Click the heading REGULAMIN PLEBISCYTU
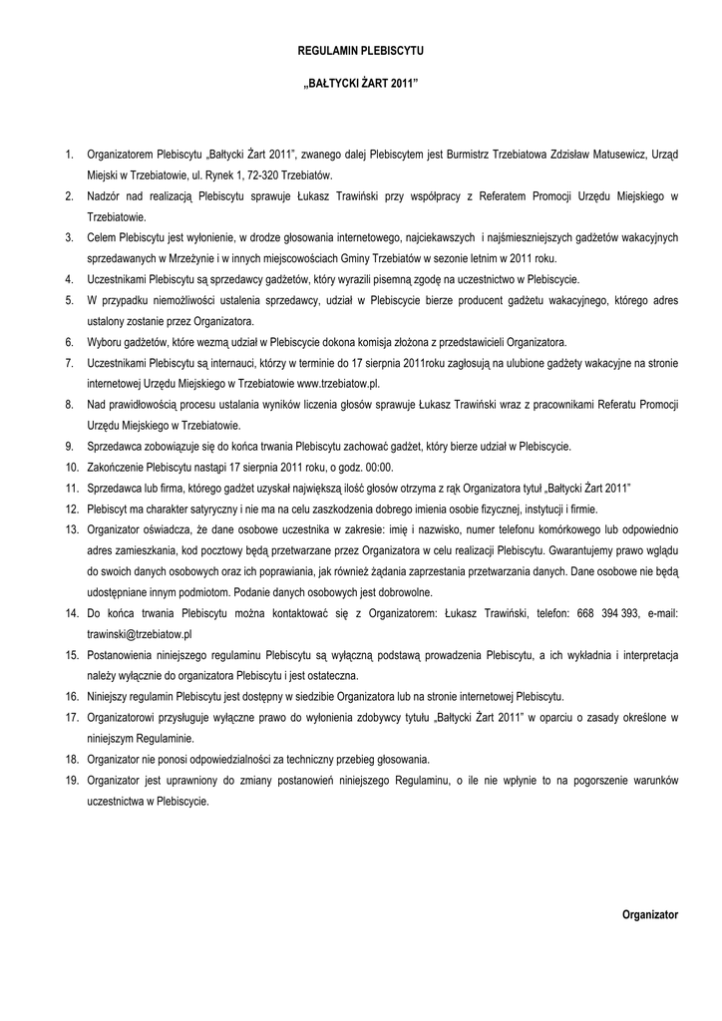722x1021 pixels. (361, 49)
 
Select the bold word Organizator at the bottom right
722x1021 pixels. (649, 913)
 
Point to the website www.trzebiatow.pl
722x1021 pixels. (338, 383)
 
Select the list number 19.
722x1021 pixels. (72, 781)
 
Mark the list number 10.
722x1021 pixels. (72, 467)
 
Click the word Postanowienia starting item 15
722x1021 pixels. (131, 655)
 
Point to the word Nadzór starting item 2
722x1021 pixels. (105, 195)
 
